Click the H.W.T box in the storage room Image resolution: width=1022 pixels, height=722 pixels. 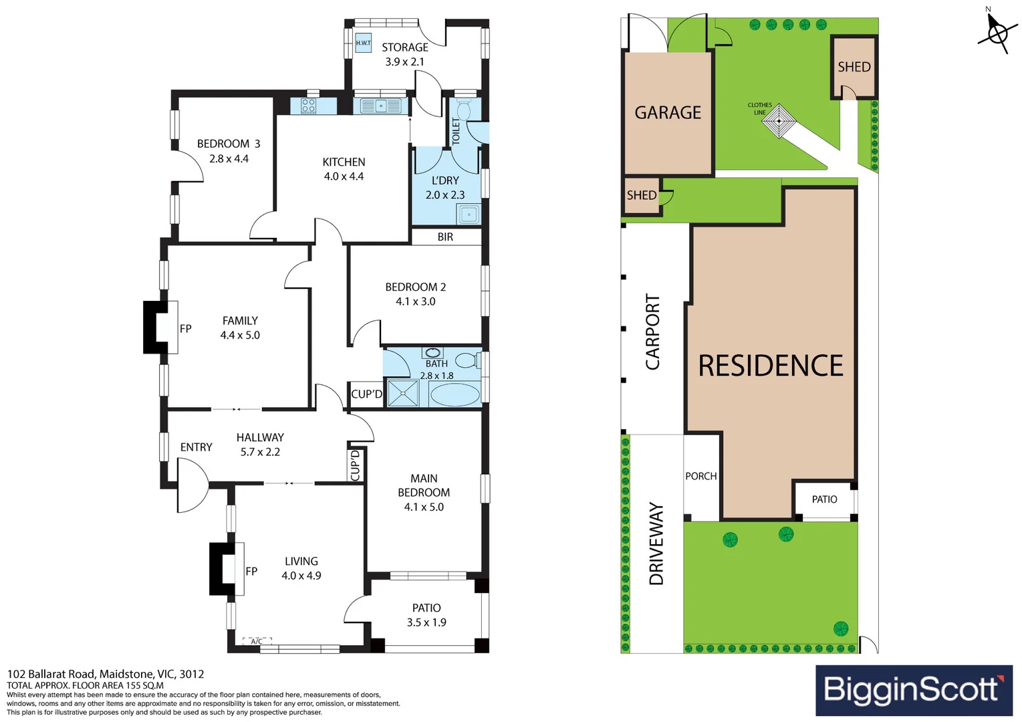point(363,43)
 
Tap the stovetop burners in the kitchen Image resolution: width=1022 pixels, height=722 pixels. point(308,106)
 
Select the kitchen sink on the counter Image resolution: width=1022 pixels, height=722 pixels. point(380,106)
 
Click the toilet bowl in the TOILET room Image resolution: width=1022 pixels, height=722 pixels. point(465,110)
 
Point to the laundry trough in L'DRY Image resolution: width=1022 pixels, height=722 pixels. point(469,215)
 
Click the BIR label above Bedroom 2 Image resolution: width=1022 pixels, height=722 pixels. point(445,237)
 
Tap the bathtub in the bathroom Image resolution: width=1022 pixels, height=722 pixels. point(455,394)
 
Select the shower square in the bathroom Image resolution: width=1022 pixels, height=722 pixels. point(402,393)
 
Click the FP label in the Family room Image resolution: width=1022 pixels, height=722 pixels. point(186,328)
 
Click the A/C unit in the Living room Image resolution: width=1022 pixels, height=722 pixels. point(257,641)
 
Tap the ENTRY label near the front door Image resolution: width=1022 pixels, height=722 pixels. point(196,447)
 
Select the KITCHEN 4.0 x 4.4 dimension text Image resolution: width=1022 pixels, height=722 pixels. point(344,176)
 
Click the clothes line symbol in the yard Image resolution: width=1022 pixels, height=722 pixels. point(779,121)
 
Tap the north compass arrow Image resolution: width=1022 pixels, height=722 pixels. point(997,30)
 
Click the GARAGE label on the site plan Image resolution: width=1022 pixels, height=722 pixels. point(668,112)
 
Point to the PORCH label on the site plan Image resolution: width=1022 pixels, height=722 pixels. point(700,476)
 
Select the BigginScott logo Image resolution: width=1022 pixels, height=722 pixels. point(914,690)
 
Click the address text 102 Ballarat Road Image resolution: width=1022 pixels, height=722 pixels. point(105,674)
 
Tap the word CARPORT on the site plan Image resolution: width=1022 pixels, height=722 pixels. point(652,332)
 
